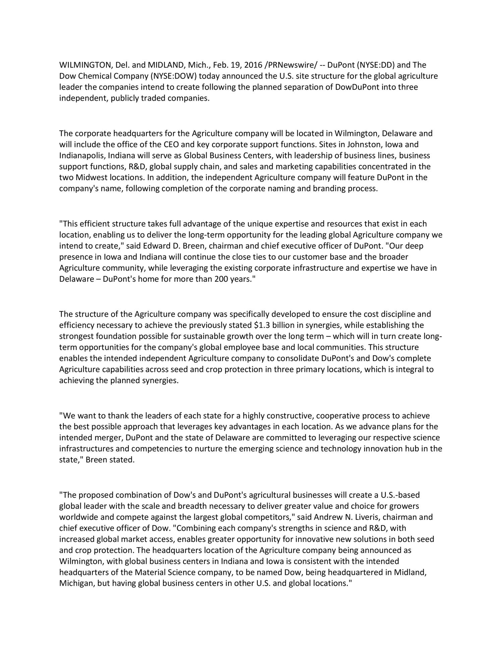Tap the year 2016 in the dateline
pyautogui.click(x=254, y=65)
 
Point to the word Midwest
pyautogui.click(x=91, y=177)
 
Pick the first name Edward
pyautogui.click(x=157, y=246)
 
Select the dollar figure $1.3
pyautogui.click(x=262, y=325)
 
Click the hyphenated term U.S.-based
pyautogui.click(x=400, y=495)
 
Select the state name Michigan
pyautogui.click(x=77, y=583)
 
